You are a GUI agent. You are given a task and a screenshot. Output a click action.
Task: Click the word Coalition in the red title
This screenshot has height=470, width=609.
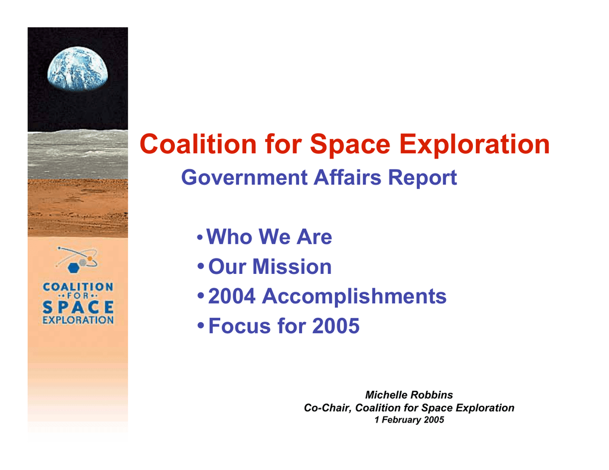click(198, 144)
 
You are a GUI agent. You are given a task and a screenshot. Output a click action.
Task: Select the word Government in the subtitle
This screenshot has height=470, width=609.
click(244, 178)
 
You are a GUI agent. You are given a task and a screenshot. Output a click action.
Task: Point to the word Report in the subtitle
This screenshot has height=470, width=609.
click(422, 178)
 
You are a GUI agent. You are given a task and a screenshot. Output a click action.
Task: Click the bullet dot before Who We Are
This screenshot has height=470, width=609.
click(200, 237)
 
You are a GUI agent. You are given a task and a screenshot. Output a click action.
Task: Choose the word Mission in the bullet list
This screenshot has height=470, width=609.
click(291, 267)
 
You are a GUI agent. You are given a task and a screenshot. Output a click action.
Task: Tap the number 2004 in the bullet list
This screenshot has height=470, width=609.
click(232, 296)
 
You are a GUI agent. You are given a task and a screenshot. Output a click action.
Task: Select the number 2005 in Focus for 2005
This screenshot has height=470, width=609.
click(336, 326)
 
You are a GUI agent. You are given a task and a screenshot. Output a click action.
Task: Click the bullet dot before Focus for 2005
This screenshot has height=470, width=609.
click(200, 325)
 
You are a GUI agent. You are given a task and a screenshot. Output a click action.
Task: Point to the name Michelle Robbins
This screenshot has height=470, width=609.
click(409, 395)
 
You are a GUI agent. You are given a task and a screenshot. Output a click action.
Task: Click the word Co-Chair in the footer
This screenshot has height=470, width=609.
click(327, 408)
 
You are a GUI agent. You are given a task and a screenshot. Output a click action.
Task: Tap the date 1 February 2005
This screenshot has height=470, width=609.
click(409, 420)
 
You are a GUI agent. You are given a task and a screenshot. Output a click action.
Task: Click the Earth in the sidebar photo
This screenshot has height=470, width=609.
click(78, 69)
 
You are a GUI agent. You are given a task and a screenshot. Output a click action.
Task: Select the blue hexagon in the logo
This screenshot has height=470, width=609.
click(73, 268)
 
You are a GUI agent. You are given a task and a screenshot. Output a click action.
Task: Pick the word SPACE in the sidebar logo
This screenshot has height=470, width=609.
click(78, 307)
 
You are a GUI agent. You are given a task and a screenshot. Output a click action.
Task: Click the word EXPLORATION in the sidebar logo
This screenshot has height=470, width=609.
click(78, 320)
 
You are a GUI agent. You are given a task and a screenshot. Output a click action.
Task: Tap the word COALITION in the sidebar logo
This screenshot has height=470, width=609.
click(78, 287)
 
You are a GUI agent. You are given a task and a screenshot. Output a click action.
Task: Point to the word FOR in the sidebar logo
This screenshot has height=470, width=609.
click(78, 296)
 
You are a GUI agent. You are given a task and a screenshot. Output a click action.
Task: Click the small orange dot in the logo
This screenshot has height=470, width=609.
click(90, 258)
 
